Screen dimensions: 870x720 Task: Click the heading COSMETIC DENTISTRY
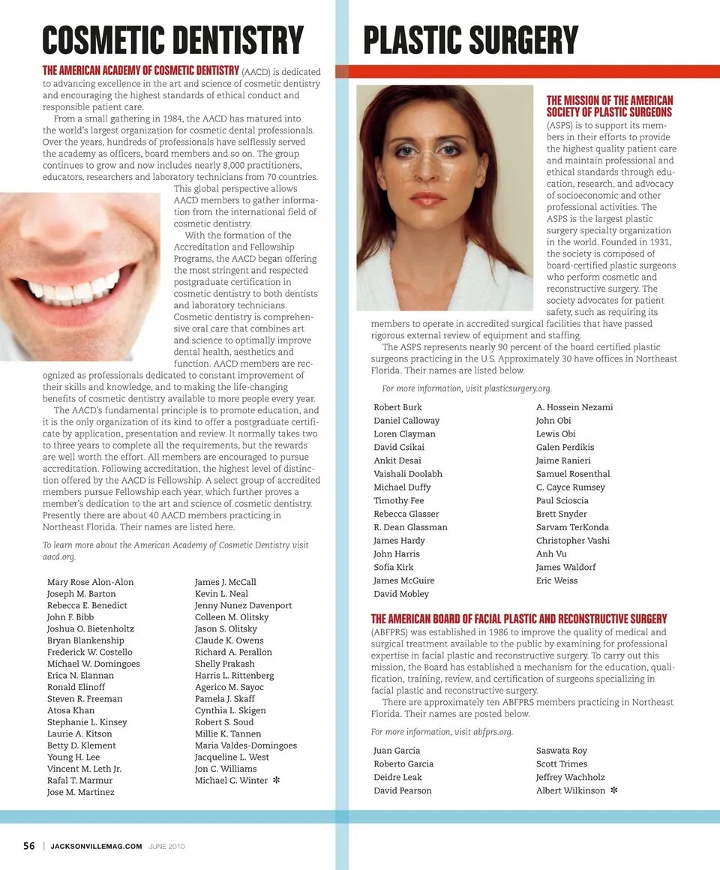172,40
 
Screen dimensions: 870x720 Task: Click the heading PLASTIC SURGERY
470,40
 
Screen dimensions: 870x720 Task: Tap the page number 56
28,846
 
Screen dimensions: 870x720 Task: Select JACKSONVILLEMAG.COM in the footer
96,847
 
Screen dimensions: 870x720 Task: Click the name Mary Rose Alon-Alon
90,582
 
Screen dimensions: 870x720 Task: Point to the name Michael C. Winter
231,781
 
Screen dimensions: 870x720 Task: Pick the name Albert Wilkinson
570,790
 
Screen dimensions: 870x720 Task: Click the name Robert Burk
397,407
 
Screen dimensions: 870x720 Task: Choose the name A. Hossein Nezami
574,407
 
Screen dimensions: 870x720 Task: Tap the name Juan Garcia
397,751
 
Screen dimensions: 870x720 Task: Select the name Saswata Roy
562,751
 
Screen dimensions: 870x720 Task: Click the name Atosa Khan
70,710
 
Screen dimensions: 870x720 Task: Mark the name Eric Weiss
556,580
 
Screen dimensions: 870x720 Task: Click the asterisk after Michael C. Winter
277,781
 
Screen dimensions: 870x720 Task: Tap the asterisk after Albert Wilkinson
614,790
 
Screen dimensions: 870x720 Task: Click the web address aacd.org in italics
59,557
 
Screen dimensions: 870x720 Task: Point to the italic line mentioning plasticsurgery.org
466,388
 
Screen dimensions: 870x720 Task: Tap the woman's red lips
428,199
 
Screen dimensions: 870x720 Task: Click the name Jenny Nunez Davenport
243,605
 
